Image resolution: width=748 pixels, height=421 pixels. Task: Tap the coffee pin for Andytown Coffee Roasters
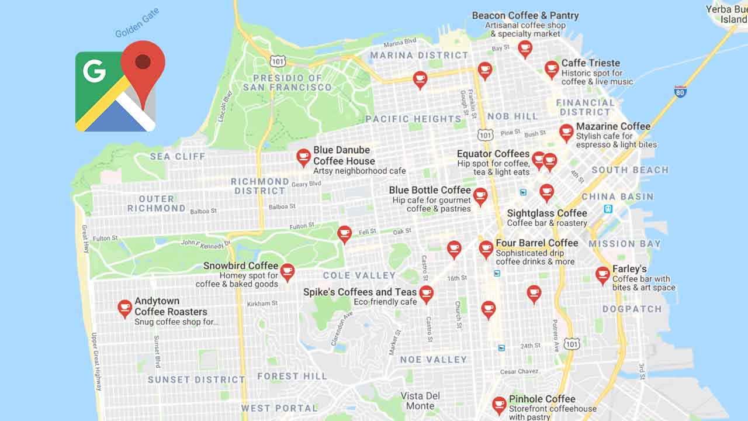point(124,308)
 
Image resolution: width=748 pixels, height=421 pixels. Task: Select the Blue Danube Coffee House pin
point(303,157)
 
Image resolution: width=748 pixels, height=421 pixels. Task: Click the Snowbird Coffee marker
point(287,271)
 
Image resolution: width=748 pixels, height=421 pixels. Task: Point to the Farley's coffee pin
point(602,274)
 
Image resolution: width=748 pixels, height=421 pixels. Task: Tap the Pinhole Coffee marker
point(499,404)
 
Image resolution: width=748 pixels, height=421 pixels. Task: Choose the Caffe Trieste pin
point(552,69)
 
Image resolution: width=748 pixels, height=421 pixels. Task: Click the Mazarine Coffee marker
point(566,132)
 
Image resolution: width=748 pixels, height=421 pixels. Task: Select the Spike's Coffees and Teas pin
point(427,294)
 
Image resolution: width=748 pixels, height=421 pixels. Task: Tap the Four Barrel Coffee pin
point(486,249)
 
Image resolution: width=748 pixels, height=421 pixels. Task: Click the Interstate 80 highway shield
point(680,91)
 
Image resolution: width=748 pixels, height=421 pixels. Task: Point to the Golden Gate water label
point(137,23)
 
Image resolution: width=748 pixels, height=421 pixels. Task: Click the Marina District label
point(419,56)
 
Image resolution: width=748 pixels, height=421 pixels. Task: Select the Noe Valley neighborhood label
point(433,360)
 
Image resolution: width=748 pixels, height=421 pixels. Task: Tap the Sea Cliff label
point(178,157)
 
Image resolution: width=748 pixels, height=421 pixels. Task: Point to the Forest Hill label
point(292,376)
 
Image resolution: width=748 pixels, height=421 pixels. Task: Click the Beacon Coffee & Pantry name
point(525,16)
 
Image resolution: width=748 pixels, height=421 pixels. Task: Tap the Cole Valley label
point(359,275)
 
